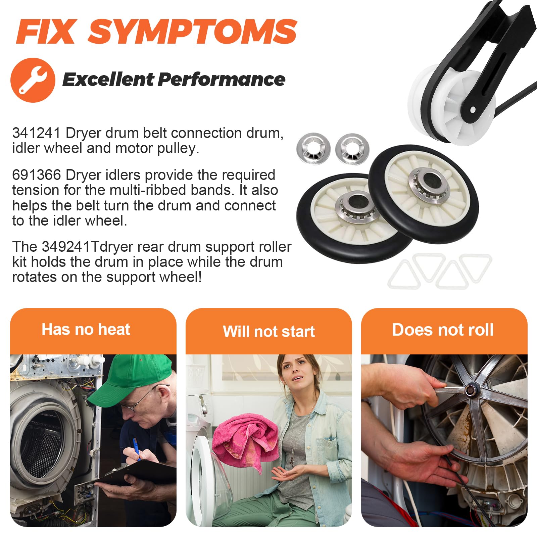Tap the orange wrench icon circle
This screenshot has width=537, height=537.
(33, 80)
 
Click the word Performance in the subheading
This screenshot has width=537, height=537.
(222, 80)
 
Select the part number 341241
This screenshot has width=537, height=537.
(36, 133)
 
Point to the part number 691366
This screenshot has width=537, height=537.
(36, 175)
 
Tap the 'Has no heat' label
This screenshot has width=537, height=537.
(86, 330)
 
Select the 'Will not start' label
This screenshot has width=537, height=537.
(268, 332)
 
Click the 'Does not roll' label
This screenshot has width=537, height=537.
(443, 330)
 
